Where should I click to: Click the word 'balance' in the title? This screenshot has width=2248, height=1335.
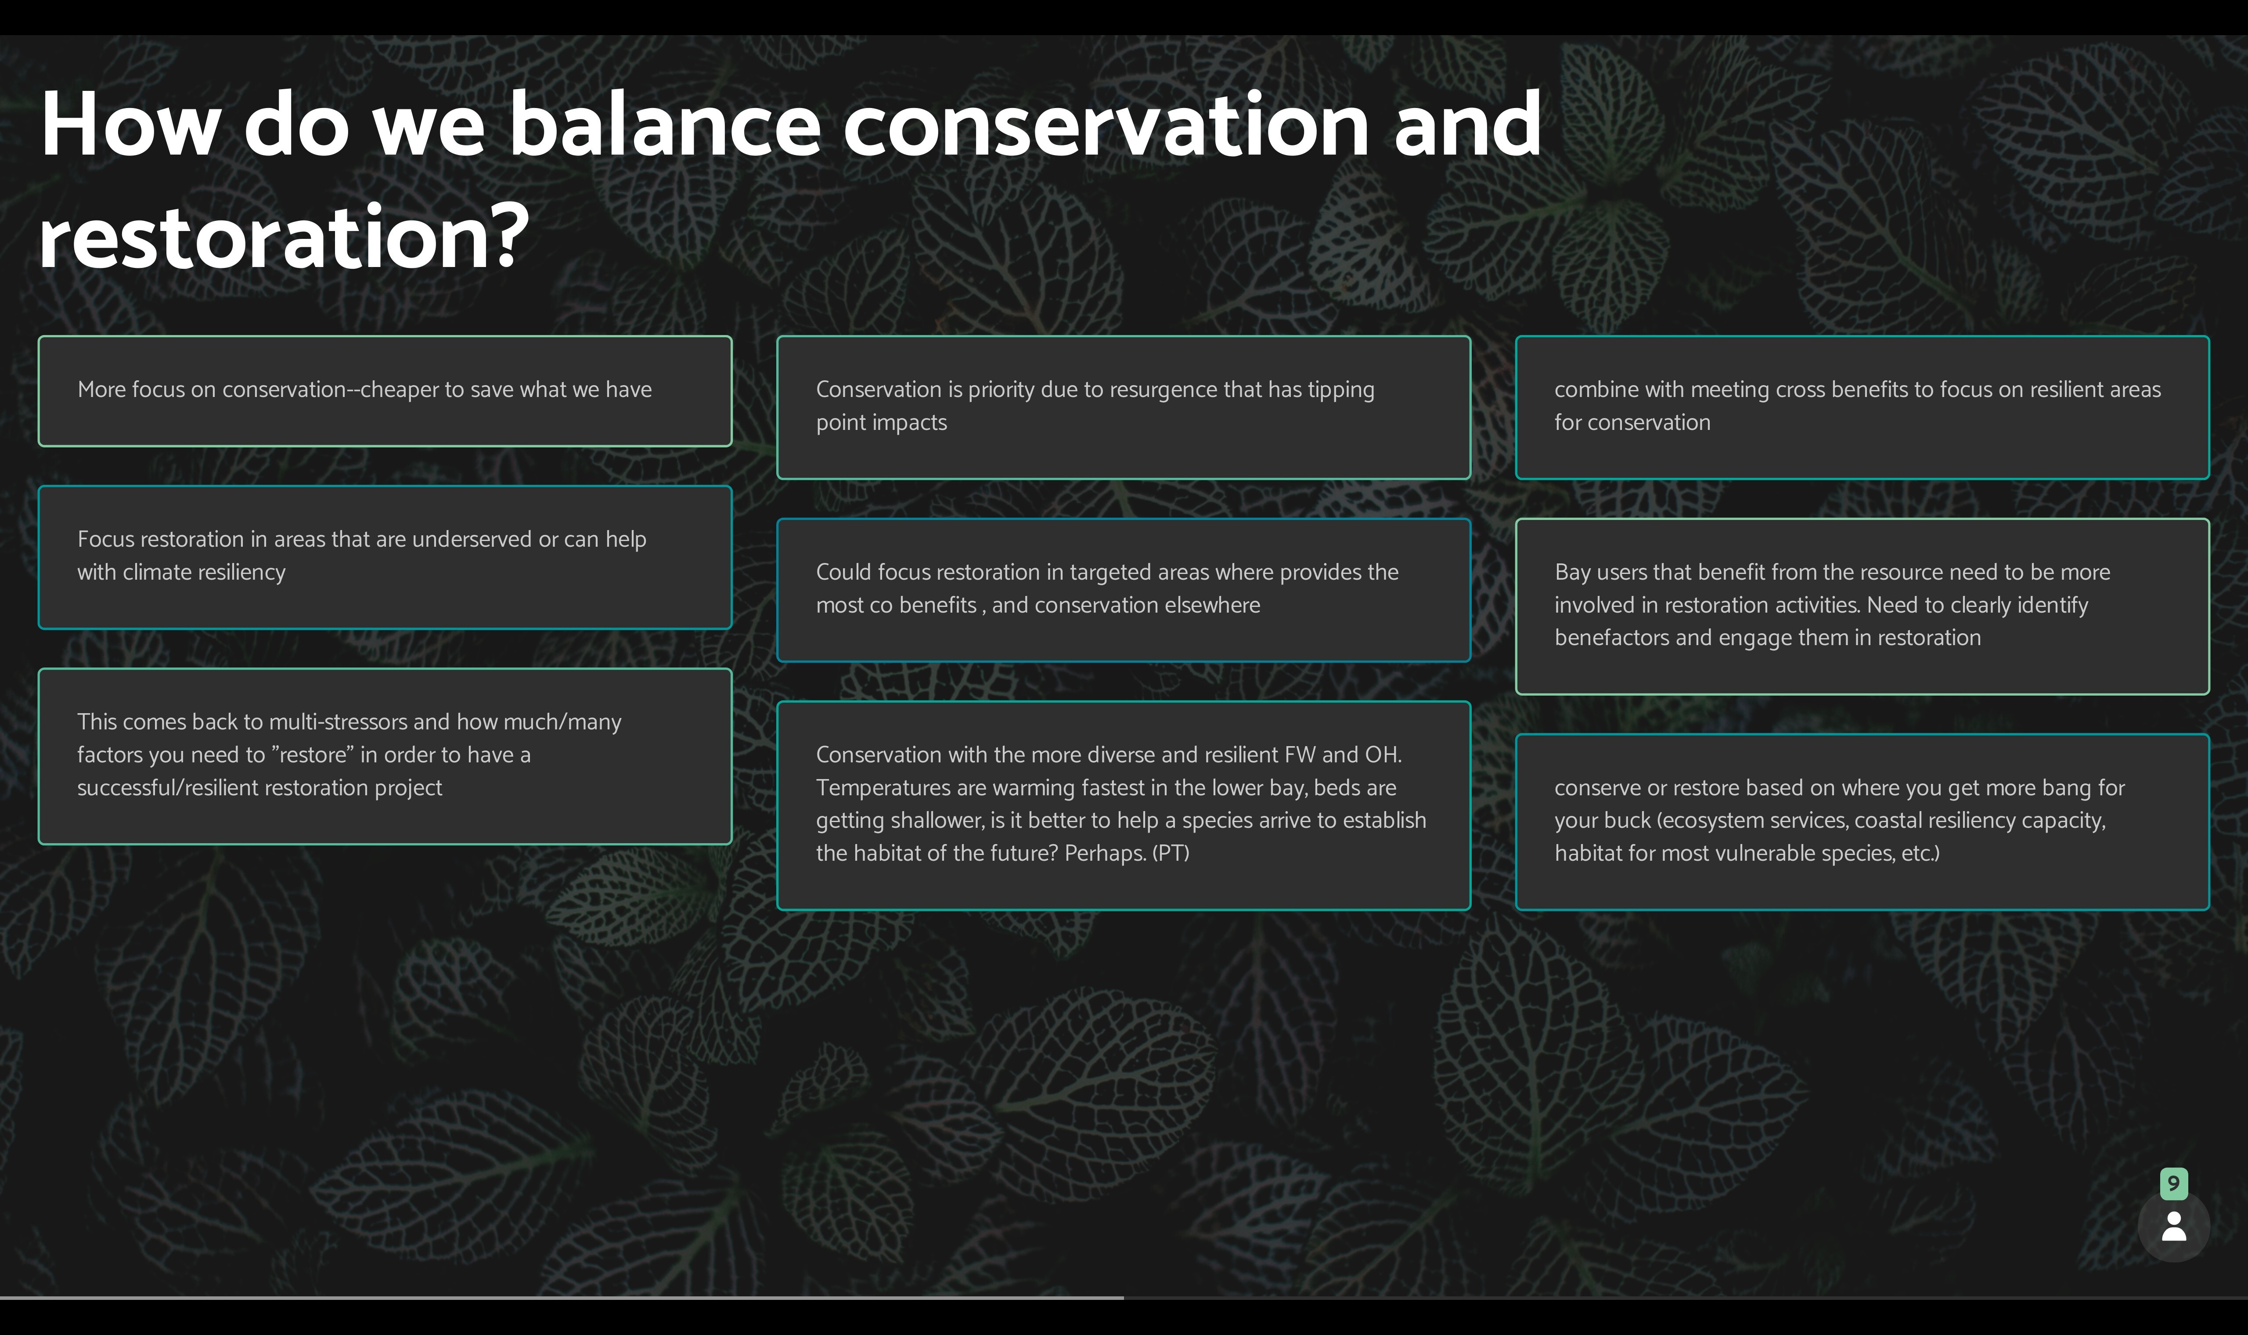point(663,126)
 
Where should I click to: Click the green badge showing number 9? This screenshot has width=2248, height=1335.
point(2173,1183)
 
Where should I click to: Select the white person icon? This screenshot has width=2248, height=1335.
point(2173,1226)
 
